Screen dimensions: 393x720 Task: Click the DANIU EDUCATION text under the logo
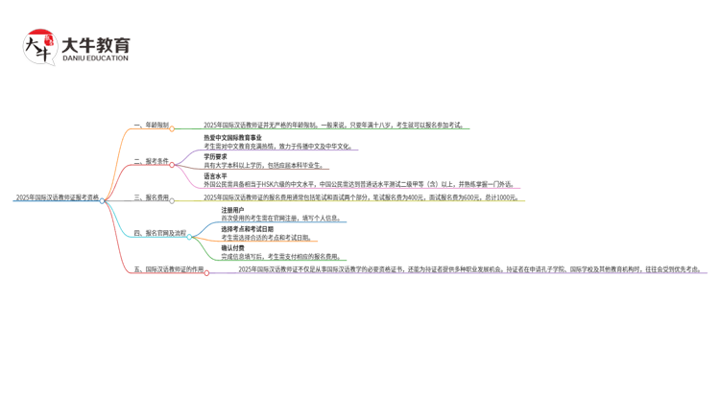tap(95, 58)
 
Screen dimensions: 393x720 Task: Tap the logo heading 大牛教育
tap(95, 44)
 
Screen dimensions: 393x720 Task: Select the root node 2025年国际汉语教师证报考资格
tap(57, 197)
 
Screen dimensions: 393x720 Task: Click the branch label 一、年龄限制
tap(152, 125)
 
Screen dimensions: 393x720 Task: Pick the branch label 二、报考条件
tap(152, 161)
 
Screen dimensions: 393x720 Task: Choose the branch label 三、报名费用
tap(152, 197)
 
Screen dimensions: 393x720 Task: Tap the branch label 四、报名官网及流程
tap(160, 233)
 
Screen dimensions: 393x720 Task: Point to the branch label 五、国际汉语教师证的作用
tap(169, 269)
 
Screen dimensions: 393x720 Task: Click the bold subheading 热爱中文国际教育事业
tap(232, 138)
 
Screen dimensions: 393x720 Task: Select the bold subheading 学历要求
tap(215, 156)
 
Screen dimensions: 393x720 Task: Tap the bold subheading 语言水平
tap(215, 175)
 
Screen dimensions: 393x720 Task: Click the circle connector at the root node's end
tap(103, 200)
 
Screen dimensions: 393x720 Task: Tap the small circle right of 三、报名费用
tap(173, 200)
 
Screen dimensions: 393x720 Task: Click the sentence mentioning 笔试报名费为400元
tap(361, 197)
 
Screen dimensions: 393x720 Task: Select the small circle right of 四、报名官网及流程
tap(190, 236)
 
